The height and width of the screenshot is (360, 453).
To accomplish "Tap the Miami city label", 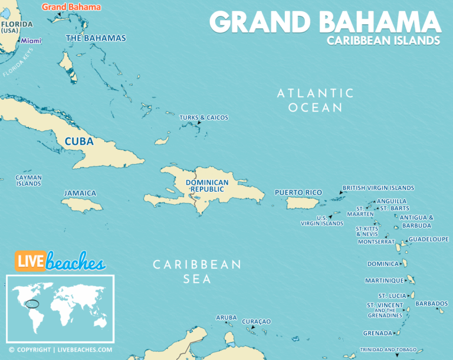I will point(31,41).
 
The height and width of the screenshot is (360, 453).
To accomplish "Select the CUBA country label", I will point(79,142).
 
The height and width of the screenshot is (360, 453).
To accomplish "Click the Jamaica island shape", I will point(83,205).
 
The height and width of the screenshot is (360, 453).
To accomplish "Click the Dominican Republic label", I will point(207,186).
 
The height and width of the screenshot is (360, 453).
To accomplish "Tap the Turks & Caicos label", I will point(203,117).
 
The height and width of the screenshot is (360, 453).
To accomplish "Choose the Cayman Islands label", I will point(28,181).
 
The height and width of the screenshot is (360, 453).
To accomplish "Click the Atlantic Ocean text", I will point(316,100).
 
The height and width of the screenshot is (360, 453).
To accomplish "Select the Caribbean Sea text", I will point(197,271).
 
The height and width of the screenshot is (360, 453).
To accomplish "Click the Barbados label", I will point(431,303).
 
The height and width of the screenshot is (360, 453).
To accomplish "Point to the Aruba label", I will point(226,318).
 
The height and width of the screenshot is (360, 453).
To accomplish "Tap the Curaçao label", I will point(256,321).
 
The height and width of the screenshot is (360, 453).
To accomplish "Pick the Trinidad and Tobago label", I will point(388,349).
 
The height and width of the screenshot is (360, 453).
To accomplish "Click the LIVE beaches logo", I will point(60,261).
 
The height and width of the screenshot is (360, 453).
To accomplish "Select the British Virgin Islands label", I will point(378,188).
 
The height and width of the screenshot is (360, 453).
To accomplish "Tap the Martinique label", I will point(384,280).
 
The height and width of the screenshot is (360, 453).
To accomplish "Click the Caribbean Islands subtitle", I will point(383,41).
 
